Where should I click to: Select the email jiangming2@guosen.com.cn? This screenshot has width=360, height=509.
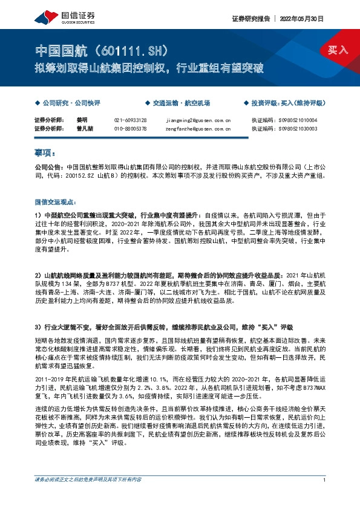pos(197,120)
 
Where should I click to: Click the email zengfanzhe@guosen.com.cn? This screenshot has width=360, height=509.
pos(197,128)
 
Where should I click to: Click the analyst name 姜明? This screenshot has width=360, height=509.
pos(82,120)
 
